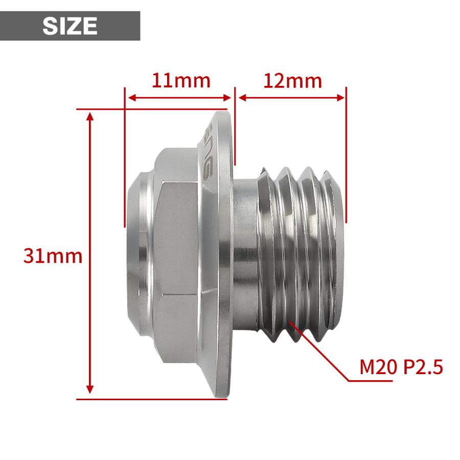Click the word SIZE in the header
tap(70, 26)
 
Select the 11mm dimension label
tap(180, 81)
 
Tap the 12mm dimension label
tap(293, 81)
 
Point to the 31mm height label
tap(53, 256)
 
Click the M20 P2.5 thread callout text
tap(401, 367)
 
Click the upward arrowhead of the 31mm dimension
tap(90, 117)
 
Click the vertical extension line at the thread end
tap(346, 153)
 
